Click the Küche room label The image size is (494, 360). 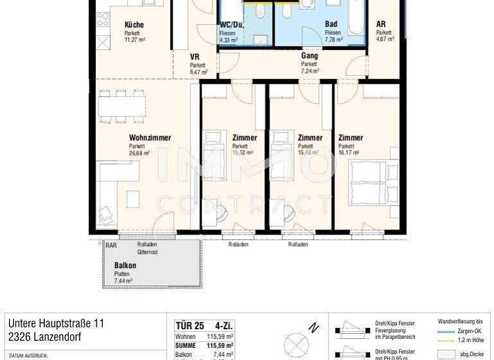pos(134,25)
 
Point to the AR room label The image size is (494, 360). pos(381,25)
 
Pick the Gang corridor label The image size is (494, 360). pos(309,56)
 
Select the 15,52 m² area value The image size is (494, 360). pos(242,154)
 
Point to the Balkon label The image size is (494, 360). pos(125,265)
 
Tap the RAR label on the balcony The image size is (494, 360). pos(111,245)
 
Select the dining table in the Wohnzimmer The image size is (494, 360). pos(122,106)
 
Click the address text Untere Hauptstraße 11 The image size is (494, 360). pos(55,323)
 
